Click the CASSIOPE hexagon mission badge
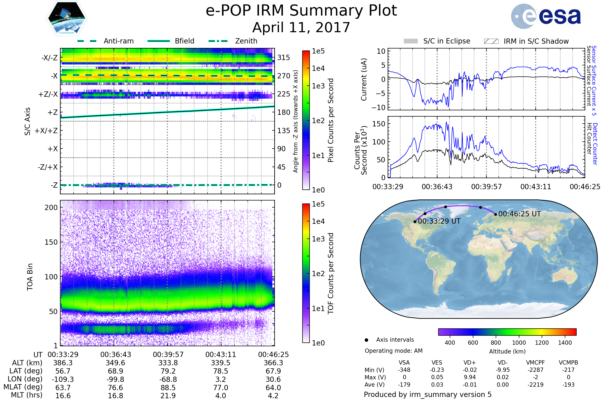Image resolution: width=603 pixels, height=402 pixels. pyautogui.click(x=67, y=18)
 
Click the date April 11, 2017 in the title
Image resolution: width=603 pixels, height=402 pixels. pyautogui.click(x=301, y=27)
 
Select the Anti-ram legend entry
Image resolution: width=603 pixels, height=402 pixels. pyautogui.click(x=105, y=41)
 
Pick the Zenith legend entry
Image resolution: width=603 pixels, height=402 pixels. pyautogui.click(x=233, y=41)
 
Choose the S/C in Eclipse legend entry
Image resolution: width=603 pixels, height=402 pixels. pyautogui.click(x=437, y=41)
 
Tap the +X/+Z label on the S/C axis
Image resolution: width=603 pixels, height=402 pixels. pyautogui.click(x=46, y=131)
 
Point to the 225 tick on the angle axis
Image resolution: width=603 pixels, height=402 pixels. pyautogui.click(x=284, y=94)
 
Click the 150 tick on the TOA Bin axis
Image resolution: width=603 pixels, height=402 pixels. pyautogui.click(x=51, y=242)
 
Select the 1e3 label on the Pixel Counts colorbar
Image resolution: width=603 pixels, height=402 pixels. pyautogui.click(x=318, y=86)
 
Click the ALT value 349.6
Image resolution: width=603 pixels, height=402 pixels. pyautogui.click(x=115, y=363)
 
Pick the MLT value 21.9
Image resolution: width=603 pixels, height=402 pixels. pyautogui.click(x=168, y=395)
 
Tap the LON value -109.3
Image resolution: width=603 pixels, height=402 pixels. pyautogui.click(x=63, y=379)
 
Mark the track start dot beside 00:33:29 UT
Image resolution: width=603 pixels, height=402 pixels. pyautogui.click(x=415, y=222)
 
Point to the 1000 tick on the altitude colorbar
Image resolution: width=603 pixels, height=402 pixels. pyautogui.click(x=519, y=343)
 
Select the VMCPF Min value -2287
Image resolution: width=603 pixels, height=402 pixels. pyautogui.click(x=535, y=370)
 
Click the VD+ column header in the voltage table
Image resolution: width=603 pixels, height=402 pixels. pyautogui.click(x=469, y=363)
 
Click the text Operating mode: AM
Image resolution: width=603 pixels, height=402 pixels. pyautogui.click(x=393, y=351)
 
